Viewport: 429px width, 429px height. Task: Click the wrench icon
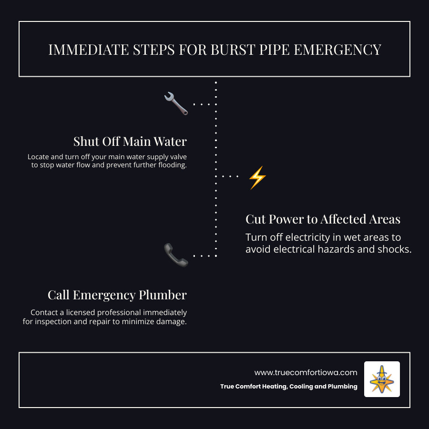tap(176, 103)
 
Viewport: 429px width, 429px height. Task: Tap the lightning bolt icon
tap(257, 178)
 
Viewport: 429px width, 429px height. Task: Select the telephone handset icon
tap(176, 255)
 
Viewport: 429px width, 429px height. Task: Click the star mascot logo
tap(382, 379)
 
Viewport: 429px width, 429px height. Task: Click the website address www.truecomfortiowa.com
tap(306, 372)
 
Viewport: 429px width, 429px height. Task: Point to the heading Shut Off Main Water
tap(130, 142)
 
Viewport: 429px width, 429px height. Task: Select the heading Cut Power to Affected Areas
tap(323, 219)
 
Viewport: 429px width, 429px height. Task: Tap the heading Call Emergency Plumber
tap(117, 295)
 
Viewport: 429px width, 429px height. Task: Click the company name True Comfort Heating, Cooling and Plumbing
tap(288, 387)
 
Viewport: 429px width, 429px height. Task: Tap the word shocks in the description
tap(395, 249)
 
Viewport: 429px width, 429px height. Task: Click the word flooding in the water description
tap(170, 165)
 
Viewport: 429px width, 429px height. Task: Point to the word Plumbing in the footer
tap(342, 387)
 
